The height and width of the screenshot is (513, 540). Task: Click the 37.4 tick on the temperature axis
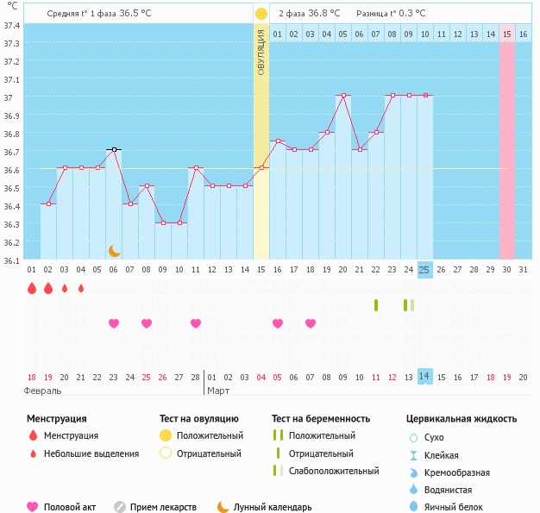tap(12, 25)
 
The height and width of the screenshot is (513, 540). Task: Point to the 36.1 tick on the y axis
tap(12, 260)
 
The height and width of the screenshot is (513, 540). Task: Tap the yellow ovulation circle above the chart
tap(261, 14)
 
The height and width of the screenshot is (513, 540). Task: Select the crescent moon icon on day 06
tap(114, 250)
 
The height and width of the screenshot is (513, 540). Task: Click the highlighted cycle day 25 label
tap(424, 270)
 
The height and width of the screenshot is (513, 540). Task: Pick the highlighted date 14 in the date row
tap(424, 377)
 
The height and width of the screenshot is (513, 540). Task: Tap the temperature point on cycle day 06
tap(114, 150)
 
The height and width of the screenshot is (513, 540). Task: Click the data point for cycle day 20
tap(343, 96)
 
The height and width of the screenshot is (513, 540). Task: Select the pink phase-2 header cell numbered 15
tap(507, 34)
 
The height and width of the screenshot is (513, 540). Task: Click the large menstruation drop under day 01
tap(32, 289)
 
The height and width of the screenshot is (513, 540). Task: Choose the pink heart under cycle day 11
tap(196, 323)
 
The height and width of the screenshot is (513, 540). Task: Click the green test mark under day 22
tap(376, 304)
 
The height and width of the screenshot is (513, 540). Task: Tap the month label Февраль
tap(43, 391)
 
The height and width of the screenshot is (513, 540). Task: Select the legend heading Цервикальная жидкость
tap(462, 418)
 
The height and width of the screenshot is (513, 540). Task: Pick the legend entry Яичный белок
tap(460, 507)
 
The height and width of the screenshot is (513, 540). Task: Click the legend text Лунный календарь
tap(273, 507)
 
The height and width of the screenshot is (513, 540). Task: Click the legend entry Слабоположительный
tap(334, 471)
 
